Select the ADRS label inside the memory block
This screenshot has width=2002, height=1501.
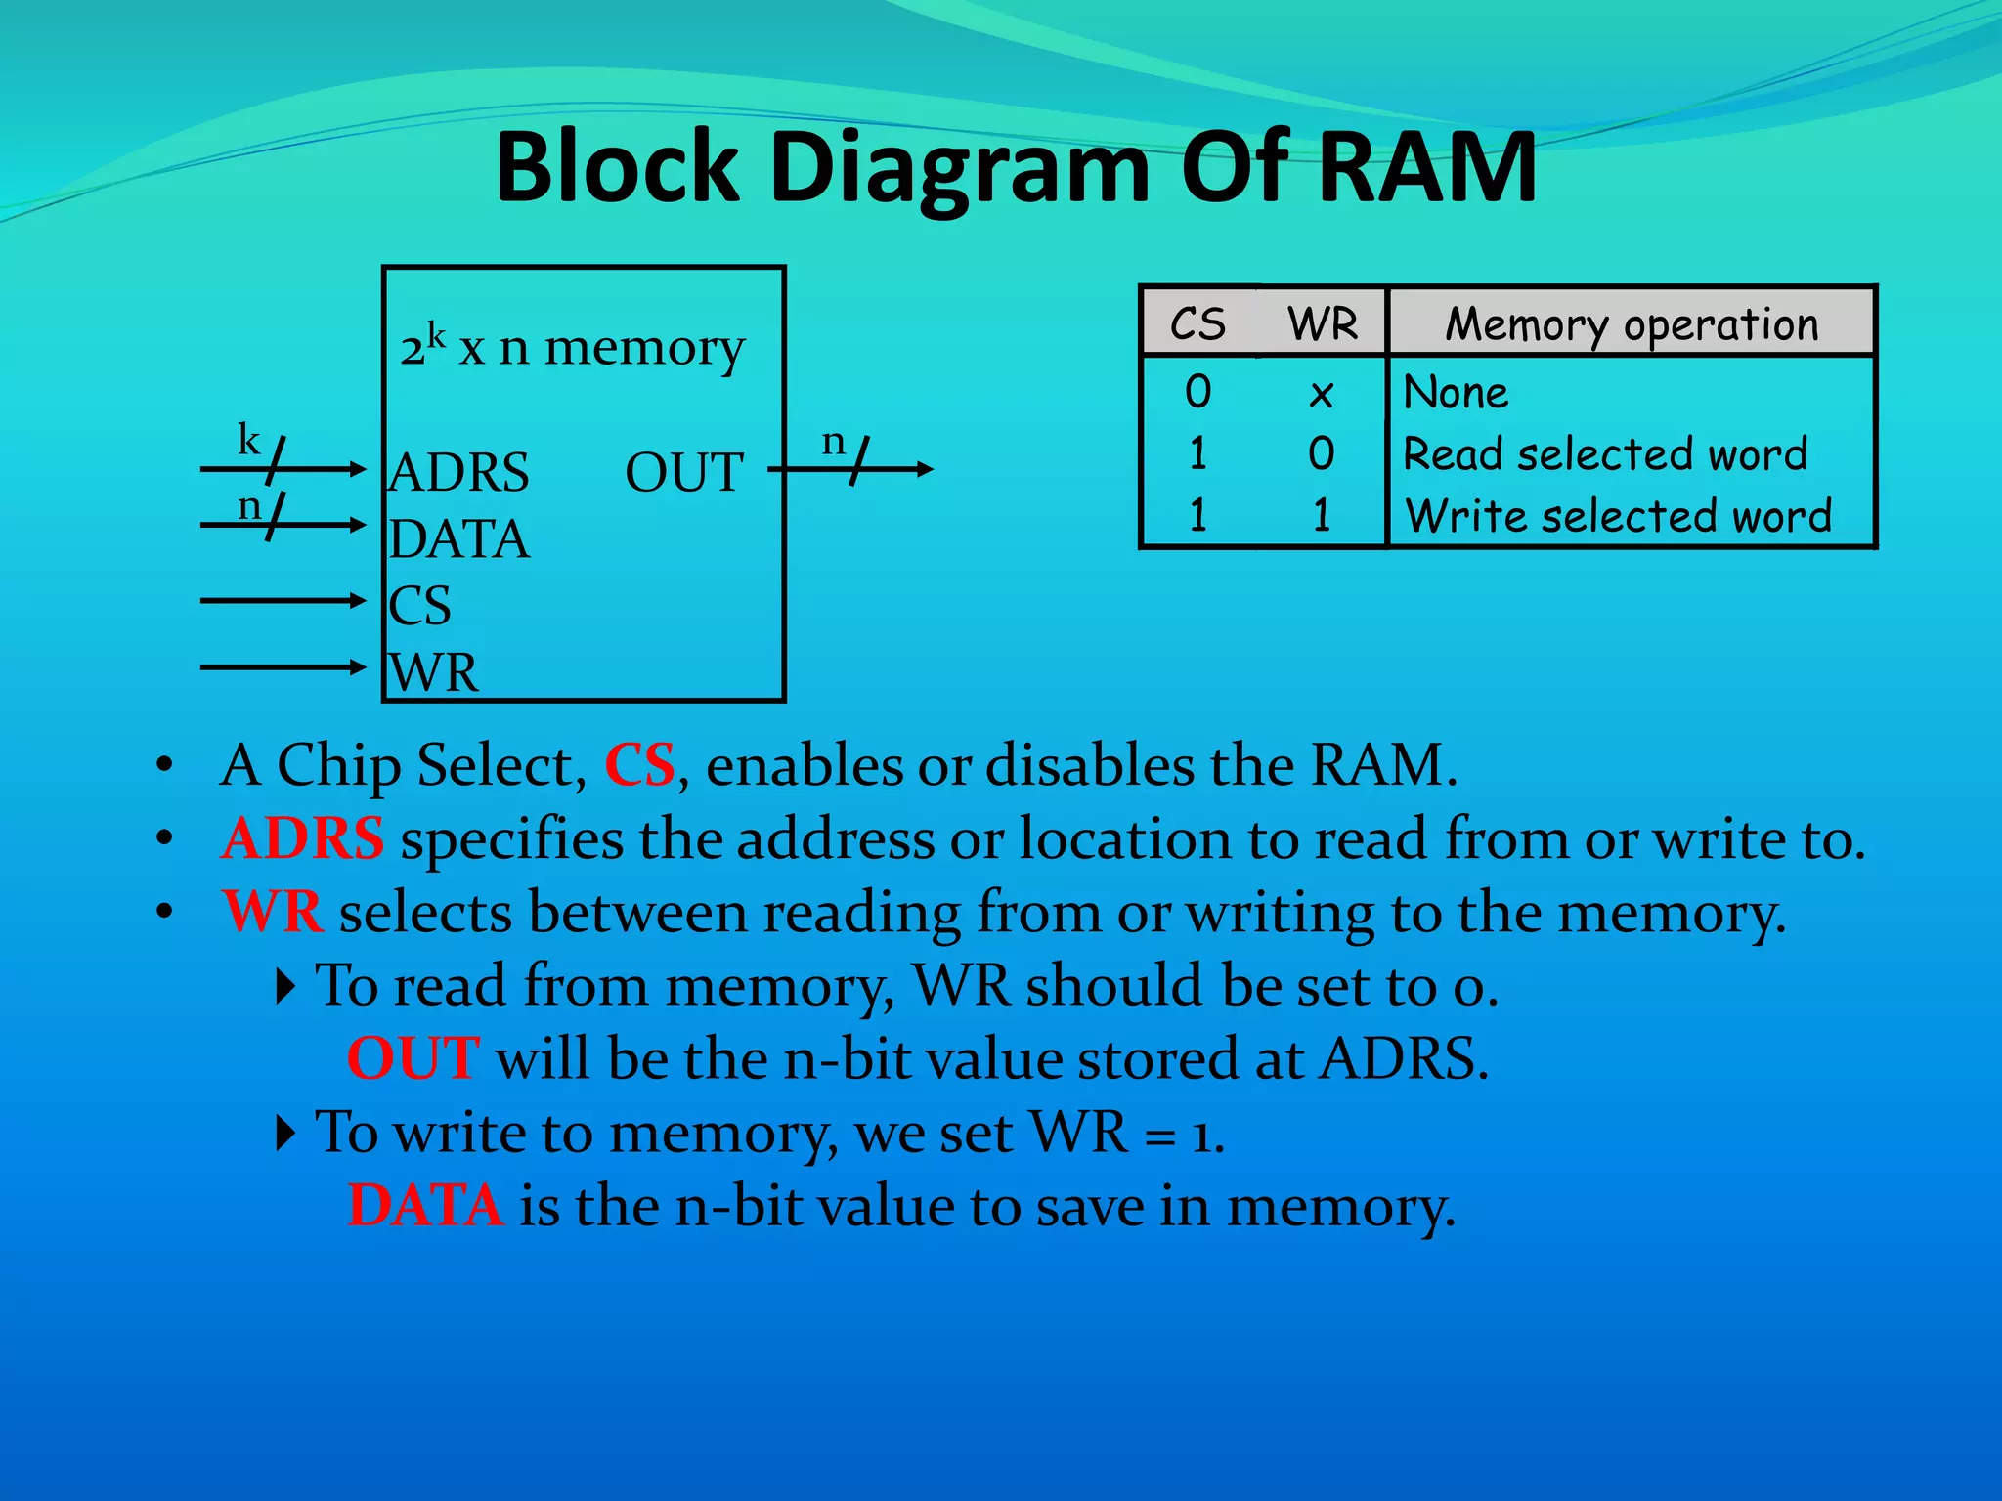[x=459, y=473]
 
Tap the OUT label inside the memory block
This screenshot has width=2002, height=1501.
[x=684, y=473]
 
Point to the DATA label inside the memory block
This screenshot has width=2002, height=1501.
[x=459, y=539]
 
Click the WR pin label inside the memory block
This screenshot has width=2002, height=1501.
[x=434, y=672]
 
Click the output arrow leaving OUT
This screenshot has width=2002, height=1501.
[x=850, y=470]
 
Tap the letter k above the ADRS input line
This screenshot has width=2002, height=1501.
[x=249, y=440]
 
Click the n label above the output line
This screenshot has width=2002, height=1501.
[x=833, y=442]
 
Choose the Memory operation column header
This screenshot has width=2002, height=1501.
[x=1632, y=324]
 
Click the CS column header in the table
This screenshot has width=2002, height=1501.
[x=1197, y=324]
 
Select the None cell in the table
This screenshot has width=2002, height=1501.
[x=1456, y=393]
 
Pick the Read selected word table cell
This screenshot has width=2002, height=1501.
[x=1605, y=454]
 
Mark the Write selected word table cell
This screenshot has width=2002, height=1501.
[x=1618, y=516]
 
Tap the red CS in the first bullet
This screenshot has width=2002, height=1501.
[x=639, y=764]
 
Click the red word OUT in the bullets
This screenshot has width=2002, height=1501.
[x=413, y=1058]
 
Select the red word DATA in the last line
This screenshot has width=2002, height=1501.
[x=425, y=1205]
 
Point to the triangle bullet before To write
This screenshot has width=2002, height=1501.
[x=285, y=1134]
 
